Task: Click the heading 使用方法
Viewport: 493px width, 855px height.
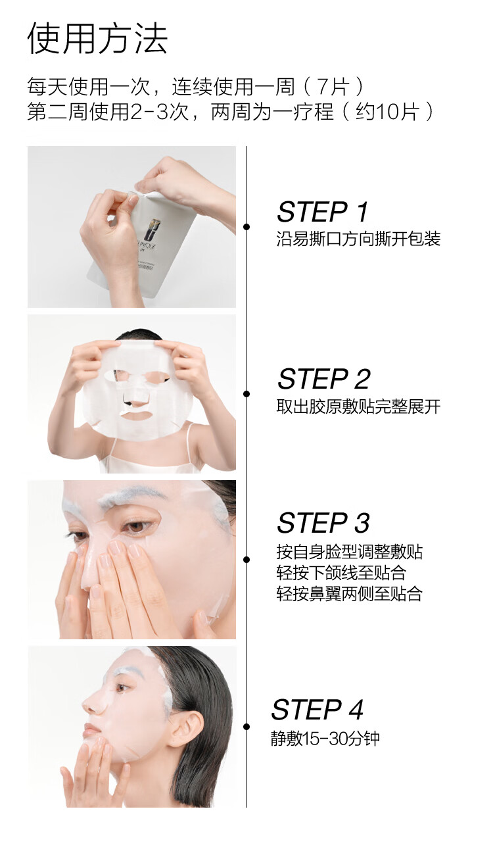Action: [x=98, y=38]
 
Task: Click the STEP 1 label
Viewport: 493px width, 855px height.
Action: [x=323, y=212]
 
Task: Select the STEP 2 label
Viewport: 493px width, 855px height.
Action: [x=323, y=379]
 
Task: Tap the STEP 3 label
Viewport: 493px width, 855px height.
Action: [x=323, y=523]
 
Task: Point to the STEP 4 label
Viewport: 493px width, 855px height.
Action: [x=317, y=710]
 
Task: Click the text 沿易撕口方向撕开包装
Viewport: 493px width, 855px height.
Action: [x=358, y=239]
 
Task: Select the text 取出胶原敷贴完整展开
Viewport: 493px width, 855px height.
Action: [x=358, y=407]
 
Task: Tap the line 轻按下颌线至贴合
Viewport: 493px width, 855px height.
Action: [x=341, y=573]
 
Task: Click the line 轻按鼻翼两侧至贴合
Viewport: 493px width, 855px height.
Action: [x=349, y=593]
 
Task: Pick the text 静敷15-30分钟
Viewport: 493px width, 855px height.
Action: [x=325, y=738]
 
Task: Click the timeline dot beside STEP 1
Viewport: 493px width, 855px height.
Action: [x=246, y=227]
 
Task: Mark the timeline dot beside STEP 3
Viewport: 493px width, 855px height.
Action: [x=246, y=560]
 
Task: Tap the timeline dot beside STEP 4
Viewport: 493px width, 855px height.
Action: [x=246, y=727]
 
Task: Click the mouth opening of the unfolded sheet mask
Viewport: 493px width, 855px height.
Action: [x=135, y=414]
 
